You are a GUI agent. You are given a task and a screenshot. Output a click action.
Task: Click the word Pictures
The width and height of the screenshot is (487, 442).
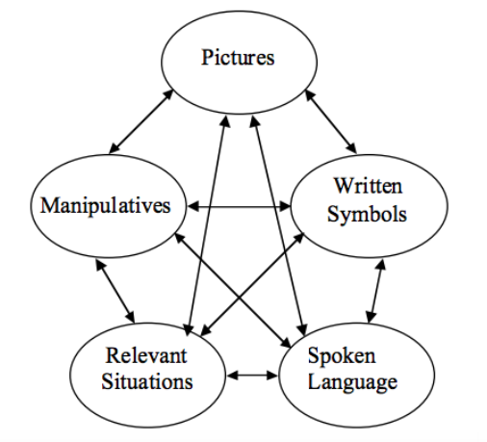[238, 58]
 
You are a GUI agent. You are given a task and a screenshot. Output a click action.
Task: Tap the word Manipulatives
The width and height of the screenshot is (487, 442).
[105, 206]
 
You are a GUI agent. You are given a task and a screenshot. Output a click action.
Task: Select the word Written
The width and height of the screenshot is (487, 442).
[368, 186]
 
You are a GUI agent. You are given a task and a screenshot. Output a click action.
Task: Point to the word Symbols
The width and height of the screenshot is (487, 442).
[367, 215]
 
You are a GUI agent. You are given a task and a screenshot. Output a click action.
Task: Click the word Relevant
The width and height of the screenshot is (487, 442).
[146, 355]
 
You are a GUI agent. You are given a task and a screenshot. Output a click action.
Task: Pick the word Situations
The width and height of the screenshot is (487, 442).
[147, 381]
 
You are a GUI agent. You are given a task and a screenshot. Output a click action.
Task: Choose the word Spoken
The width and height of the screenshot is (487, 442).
[342, 356]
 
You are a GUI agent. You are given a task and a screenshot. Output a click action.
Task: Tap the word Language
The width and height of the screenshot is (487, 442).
[352, 382]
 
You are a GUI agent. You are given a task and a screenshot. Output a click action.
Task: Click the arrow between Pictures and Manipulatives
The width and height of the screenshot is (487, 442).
[141, 121]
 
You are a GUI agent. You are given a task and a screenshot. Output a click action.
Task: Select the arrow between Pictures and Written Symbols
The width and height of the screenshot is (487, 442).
[331, 121]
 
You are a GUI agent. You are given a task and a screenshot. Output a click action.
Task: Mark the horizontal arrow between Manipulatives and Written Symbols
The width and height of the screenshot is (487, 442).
[239, 206]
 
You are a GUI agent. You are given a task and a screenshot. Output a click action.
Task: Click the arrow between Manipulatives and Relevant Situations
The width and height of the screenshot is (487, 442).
[115, 291]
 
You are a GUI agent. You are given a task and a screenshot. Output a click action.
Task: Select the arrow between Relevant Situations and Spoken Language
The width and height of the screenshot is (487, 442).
[252, 375]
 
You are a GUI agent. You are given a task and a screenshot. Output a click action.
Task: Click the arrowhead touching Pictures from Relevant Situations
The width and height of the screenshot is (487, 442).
[224, 121]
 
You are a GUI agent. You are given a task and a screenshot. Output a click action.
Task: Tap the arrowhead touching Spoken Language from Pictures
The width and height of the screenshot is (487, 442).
[301, 329]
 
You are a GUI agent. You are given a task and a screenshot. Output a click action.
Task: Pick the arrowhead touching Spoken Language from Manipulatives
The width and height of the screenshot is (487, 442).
[285, 343]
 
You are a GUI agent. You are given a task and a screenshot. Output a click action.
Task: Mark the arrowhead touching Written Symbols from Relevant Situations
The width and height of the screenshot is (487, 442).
[298, 238]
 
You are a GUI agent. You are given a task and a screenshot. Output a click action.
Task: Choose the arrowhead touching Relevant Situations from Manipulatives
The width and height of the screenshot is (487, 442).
[131, 317]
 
